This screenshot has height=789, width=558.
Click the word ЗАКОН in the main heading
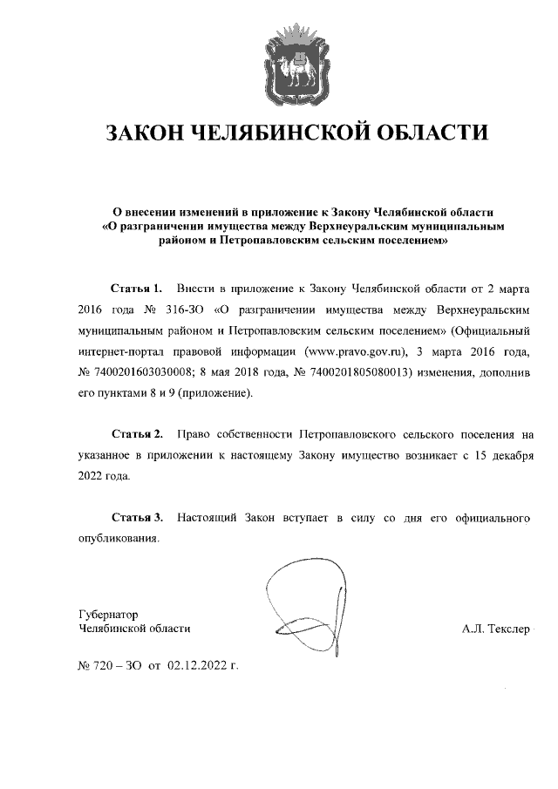[x=145, y=133]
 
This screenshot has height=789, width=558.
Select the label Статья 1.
[x=137, y=287]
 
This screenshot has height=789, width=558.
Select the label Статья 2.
[x=137, y=433]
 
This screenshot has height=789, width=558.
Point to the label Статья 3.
[x=137, y=518]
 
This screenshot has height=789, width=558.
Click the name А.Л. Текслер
[x=496, y=628]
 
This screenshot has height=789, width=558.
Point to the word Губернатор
[x=108, y=613]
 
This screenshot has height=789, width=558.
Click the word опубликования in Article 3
[x=118, y=539]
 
